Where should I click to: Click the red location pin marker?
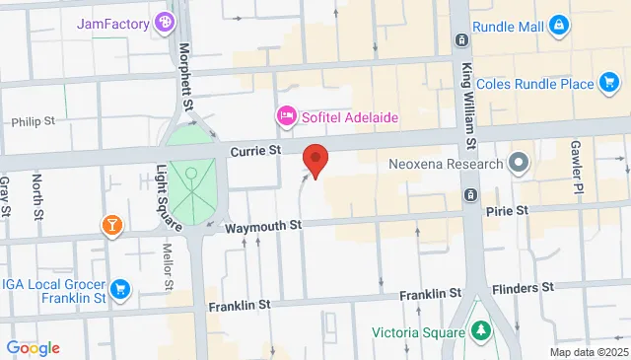(315, 161)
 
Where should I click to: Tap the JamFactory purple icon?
(164, 22)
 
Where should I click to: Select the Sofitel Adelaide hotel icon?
(286, 117)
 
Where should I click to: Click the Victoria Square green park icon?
(481, 330)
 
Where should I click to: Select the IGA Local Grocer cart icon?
(120, 288)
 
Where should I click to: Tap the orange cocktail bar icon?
(112, 226)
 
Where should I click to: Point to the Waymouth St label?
(262, 226)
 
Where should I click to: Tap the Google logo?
(33, 347)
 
